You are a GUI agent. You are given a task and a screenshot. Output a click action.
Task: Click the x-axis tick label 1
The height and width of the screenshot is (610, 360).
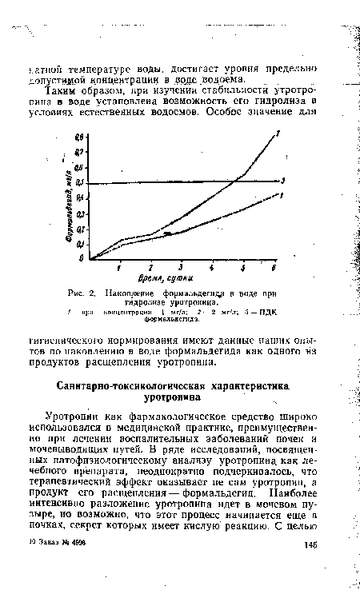pos(120,266)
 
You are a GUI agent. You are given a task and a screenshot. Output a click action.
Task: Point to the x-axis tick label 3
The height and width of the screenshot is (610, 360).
pos(181,266)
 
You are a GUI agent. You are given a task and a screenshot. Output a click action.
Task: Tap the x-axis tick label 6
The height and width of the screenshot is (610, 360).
pos(274,266)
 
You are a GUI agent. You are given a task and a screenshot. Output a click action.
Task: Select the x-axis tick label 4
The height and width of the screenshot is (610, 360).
pos(212,266)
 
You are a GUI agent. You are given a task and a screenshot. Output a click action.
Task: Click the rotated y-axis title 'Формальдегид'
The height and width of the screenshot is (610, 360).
pos(71,204)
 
